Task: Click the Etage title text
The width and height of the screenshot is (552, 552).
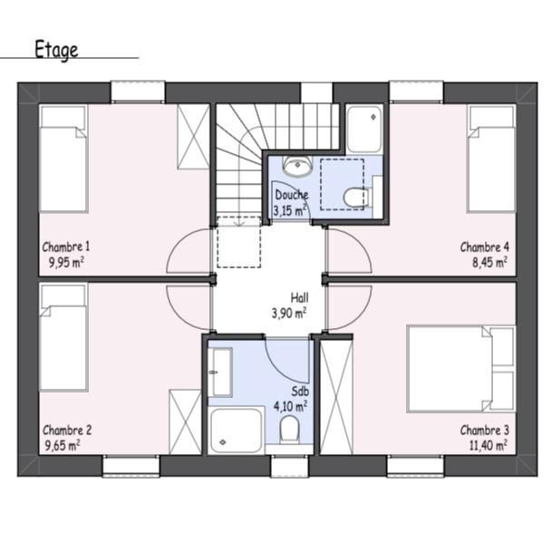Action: pyautogui.click(x=56, y=50)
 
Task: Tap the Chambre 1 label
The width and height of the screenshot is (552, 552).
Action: pyautogui.click(x=66, y=247)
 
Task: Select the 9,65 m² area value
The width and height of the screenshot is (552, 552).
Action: pyautogui.click(x=63, y=445)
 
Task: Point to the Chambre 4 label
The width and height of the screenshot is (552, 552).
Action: pyautogui.click(x=484, y=247)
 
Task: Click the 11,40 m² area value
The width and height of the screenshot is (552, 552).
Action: pyautogui.click(x=489, y=445)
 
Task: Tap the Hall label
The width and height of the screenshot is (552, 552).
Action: pyautogui.click(x=300, y=298)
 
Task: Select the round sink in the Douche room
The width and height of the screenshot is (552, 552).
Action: pyautogui.click(x=298, y=166)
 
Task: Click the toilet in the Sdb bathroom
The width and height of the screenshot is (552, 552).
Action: pyautogui.click(x=289, y=429)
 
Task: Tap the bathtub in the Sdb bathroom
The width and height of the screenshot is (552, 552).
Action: pyautogui.click(x=237, y=431)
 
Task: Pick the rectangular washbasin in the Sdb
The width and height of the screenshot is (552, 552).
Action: pyautogui.click(x=221, y=373)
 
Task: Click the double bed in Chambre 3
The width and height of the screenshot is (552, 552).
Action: pyautogui.click(x=461, y=369)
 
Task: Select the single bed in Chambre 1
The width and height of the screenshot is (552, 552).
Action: pyautogui.click(x=63, y=159)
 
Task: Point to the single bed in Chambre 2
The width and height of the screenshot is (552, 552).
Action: pyautogui.click(x=63, y=337)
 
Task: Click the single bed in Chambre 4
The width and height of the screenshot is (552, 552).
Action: pyautogui.click(x=491, y=159)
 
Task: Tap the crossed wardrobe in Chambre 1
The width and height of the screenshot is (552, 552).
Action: pyautogui.click(x=193, y=137)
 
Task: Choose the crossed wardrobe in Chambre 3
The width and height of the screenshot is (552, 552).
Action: pyautogui.click(x=336, y=397)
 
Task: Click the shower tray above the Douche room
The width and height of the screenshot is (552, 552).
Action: pyautogui.click(x=364, y=129)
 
